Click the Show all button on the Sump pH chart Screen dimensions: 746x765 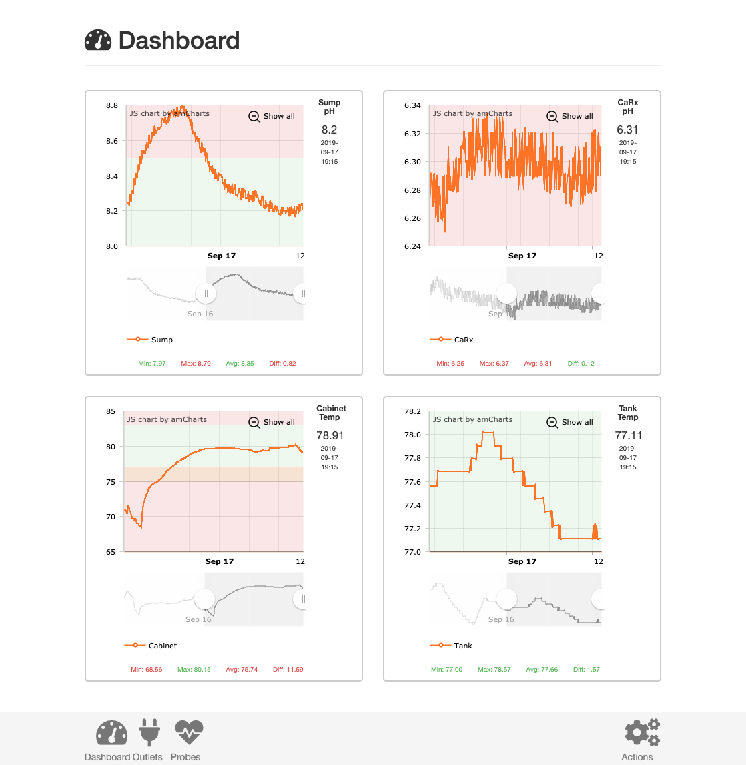pyautogui.click(x=272, y=116)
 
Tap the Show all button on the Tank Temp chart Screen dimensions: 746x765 pyautogui.click(x=570, y=422)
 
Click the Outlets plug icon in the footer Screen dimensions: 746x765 pyautogui.click(x=149, y=732)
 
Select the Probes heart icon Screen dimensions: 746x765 pyautogui.click(x=189, y=732)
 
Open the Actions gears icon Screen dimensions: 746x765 pyautogui.click(x=642, y=732)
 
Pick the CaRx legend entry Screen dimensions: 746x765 pyautogui.click(x=452, y=340)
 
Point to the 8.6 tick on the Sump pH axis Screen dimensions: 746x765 pyautogui.click(x=112, y=141)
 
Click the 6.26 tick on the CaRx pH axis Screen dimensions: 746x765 pyautogui.click(x=412, y=218)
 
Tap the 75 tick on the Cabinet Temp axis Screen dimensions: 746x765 pyautogui.click(x=111, y=482)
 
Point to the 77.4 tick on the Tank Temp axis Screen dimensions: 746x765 pyautogui.click(x=412, y=505)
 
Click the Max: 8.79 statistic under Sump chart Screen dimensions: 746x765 pyautogui.click(x=196, y=363)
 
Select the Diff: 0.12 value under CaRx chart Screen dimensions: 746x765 pyautogui.click(x=581, y=363)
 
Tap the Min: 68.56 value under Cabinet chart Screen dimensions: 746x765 pyautogui.click(x=146, y=670)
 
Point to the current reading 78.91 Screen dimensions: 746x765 pyautogui.click(x=330, y=435)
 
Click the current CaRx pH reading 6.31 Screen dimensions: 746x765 pyautogui.click(x=627, y=130)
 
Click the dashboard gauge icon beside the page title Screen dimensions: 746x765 pyautogui.click(x=98, y=40)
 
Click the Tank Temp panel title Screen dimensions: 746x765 pyautogui.click(x=627, y=413)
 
